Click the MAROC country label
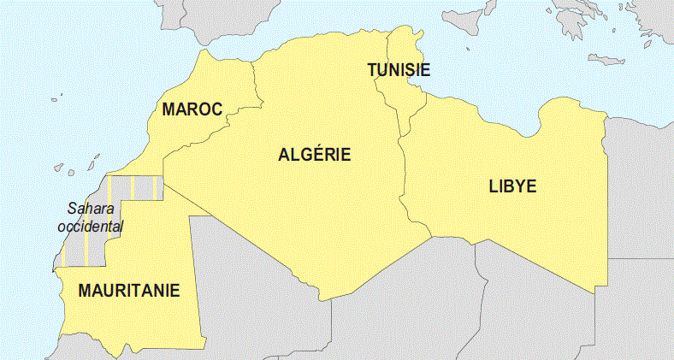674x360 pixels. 192,109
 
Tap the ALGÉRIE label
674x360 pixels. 315,155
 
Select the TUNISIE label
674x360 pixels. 399,70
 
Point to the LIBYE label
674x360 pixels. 512,186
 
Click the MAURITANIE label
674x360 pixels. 129,291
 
